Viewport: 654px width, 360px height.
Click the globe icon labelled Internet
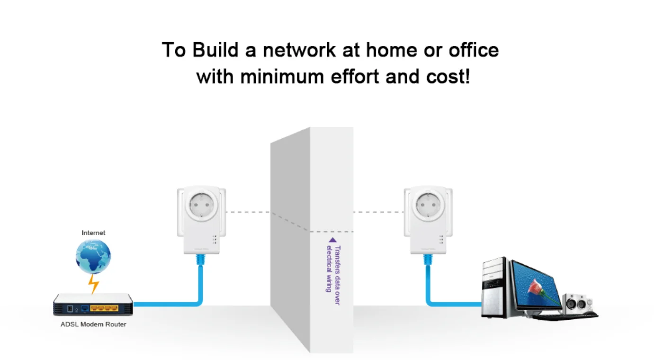[93, 256]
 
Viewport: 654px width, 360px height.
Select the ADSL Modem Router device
[93, 305]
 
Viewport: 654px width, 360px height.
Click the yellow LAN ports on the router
[104, 308]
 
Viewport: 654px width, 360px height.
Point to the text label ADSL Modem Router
[93, 324]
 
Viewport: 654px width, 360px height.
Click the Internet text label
[93, 233]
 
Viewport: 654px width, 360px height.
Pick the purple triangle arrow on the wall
[332, 240]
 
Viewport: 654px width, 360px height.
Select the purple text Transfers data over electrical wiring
[333, 269]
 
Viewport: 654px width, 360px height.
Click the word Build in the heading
[216, 50]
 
